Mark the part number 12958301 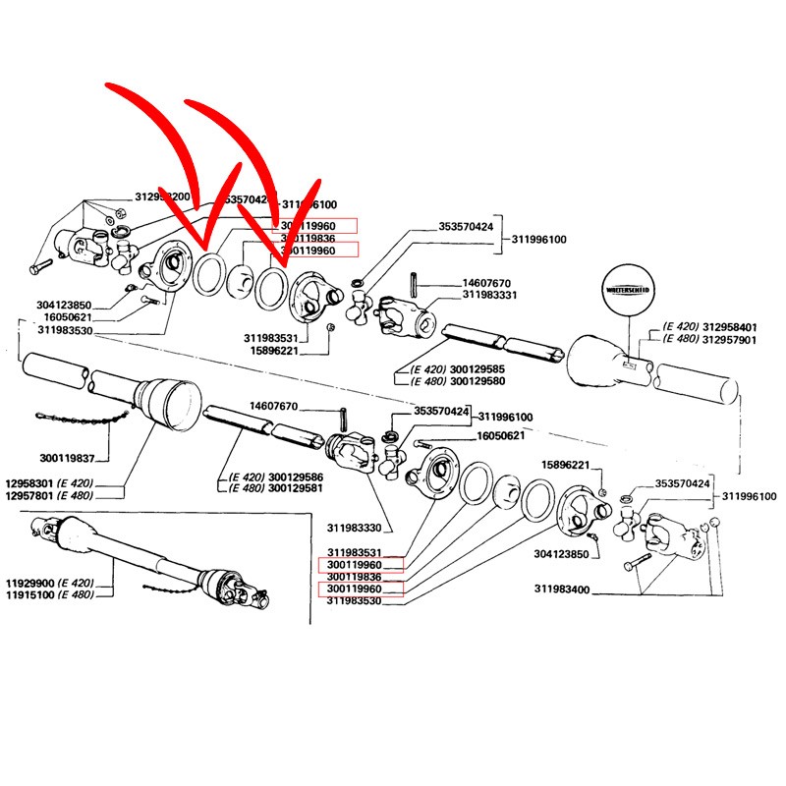(31, 484)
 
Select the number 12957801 (31, 497)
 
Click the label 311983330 (353, 528)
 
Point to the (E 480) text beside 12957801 (84, 497)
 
